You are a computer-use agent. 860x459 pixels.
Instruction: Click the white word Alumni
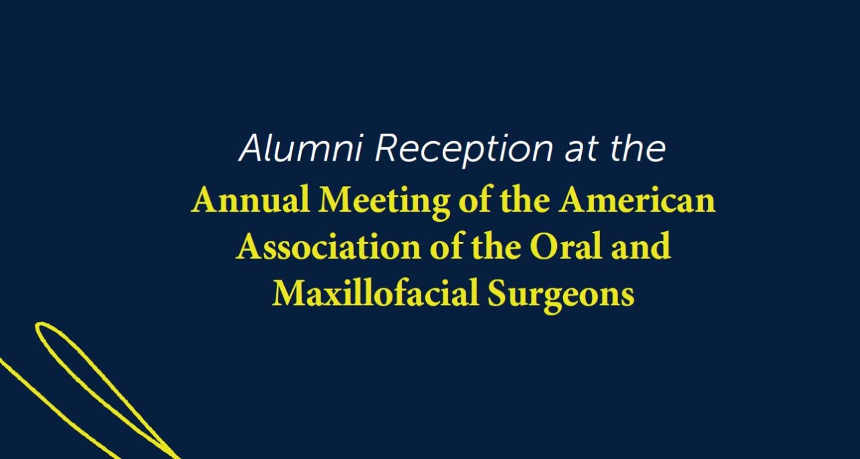click(300, 148)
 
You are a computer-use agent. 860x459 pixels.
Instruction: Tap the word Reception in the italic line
click(464, 151)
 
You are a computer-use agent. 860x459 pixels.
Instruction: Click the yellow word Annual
click(251, 200)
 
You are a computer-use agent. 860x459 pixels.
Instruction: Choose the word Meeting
click(384, 202)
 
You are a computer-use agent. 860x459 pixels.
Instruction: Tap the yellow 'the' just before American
click(525, 199)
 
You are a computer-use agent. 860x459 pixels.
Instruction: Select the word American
click(636, 200)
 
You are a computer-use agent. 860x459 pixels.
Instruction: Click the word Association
click(329, 246)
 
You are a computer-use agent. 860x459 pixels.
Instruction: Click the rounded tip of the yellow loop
click(38, 326)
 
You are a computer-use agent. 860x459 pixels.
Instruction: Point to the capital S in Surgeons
click(496, 293)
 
